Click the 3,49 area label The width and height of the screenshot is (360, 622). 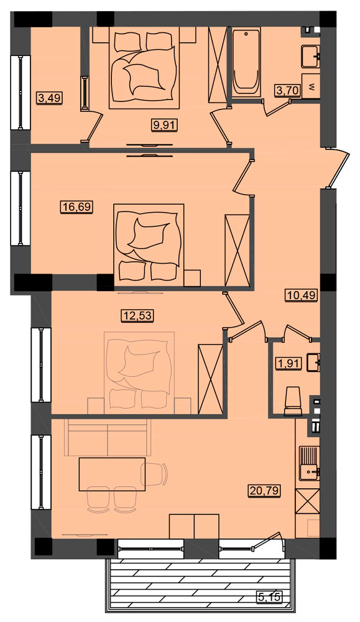pos(50,97)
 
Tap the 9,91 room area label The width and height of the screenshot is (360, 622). pos(164,126)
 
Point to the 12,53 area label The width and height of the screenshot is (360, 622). pos(137,316)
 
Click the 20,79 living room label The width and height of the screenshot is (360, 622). pos(265,491)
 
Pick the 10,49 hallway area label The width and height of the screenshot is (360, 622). pos(302,295)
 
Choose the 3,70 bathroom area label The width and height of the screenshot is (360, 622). pos(288,91)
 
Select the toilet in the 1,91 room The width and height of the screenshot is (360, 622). pos(294,401)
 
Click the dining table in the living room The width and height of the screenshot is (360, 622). pos(112,474)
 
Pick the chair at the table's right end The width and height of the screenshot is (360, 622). pos(155,473)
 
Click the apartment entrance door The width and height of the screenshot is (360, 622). pos(338,168)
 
